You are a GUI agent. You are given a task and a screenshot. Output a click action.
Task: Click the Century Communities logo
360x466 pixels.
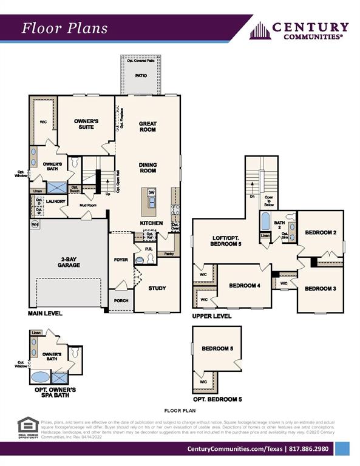coord(299,30)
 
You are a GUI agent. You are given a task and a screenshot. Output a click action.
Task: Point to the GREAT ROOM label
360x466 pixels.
coord(148,126)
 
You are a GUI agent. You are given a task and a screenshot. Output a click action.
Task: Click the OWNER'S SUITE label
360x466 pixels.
coord(86,124)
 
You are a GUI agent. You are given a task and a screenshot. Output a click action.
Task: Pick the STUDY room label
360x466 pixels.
coord(157,288)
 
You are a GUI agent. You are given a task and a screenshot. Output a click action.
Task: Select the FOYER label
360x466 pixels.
coord(121,260)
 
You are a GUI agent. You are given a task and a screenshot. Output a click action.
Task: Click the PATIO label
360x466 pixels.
coord(141,76)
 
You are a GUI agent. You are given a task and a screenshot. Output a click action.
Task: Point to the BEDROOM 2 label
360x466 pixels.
coord(320,232)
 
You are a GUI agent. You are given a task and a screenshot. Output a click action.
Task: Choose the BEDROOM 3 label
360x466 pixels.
coord(320,288)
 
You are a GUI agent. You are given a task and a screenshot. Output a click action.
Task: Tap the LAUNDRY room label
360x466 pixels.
coord(55,201)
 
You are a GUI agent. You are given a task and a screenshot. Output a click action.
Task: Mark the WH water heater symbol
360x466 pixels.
coord(35,224)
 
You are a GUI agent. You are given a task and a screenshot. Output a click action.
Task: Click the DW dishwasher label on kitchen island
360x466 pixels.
coord(151,192)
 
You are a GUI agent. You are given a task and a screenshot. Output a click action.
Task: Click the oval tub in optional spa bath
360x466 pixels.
coord(40,377)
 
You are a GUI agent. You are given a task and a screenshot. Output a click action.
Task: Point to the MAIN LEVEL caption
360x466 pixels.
coord(45,314)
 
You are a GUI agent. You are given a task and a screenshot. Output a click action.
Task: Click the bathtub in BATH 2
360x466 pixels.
coord(265,221)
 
